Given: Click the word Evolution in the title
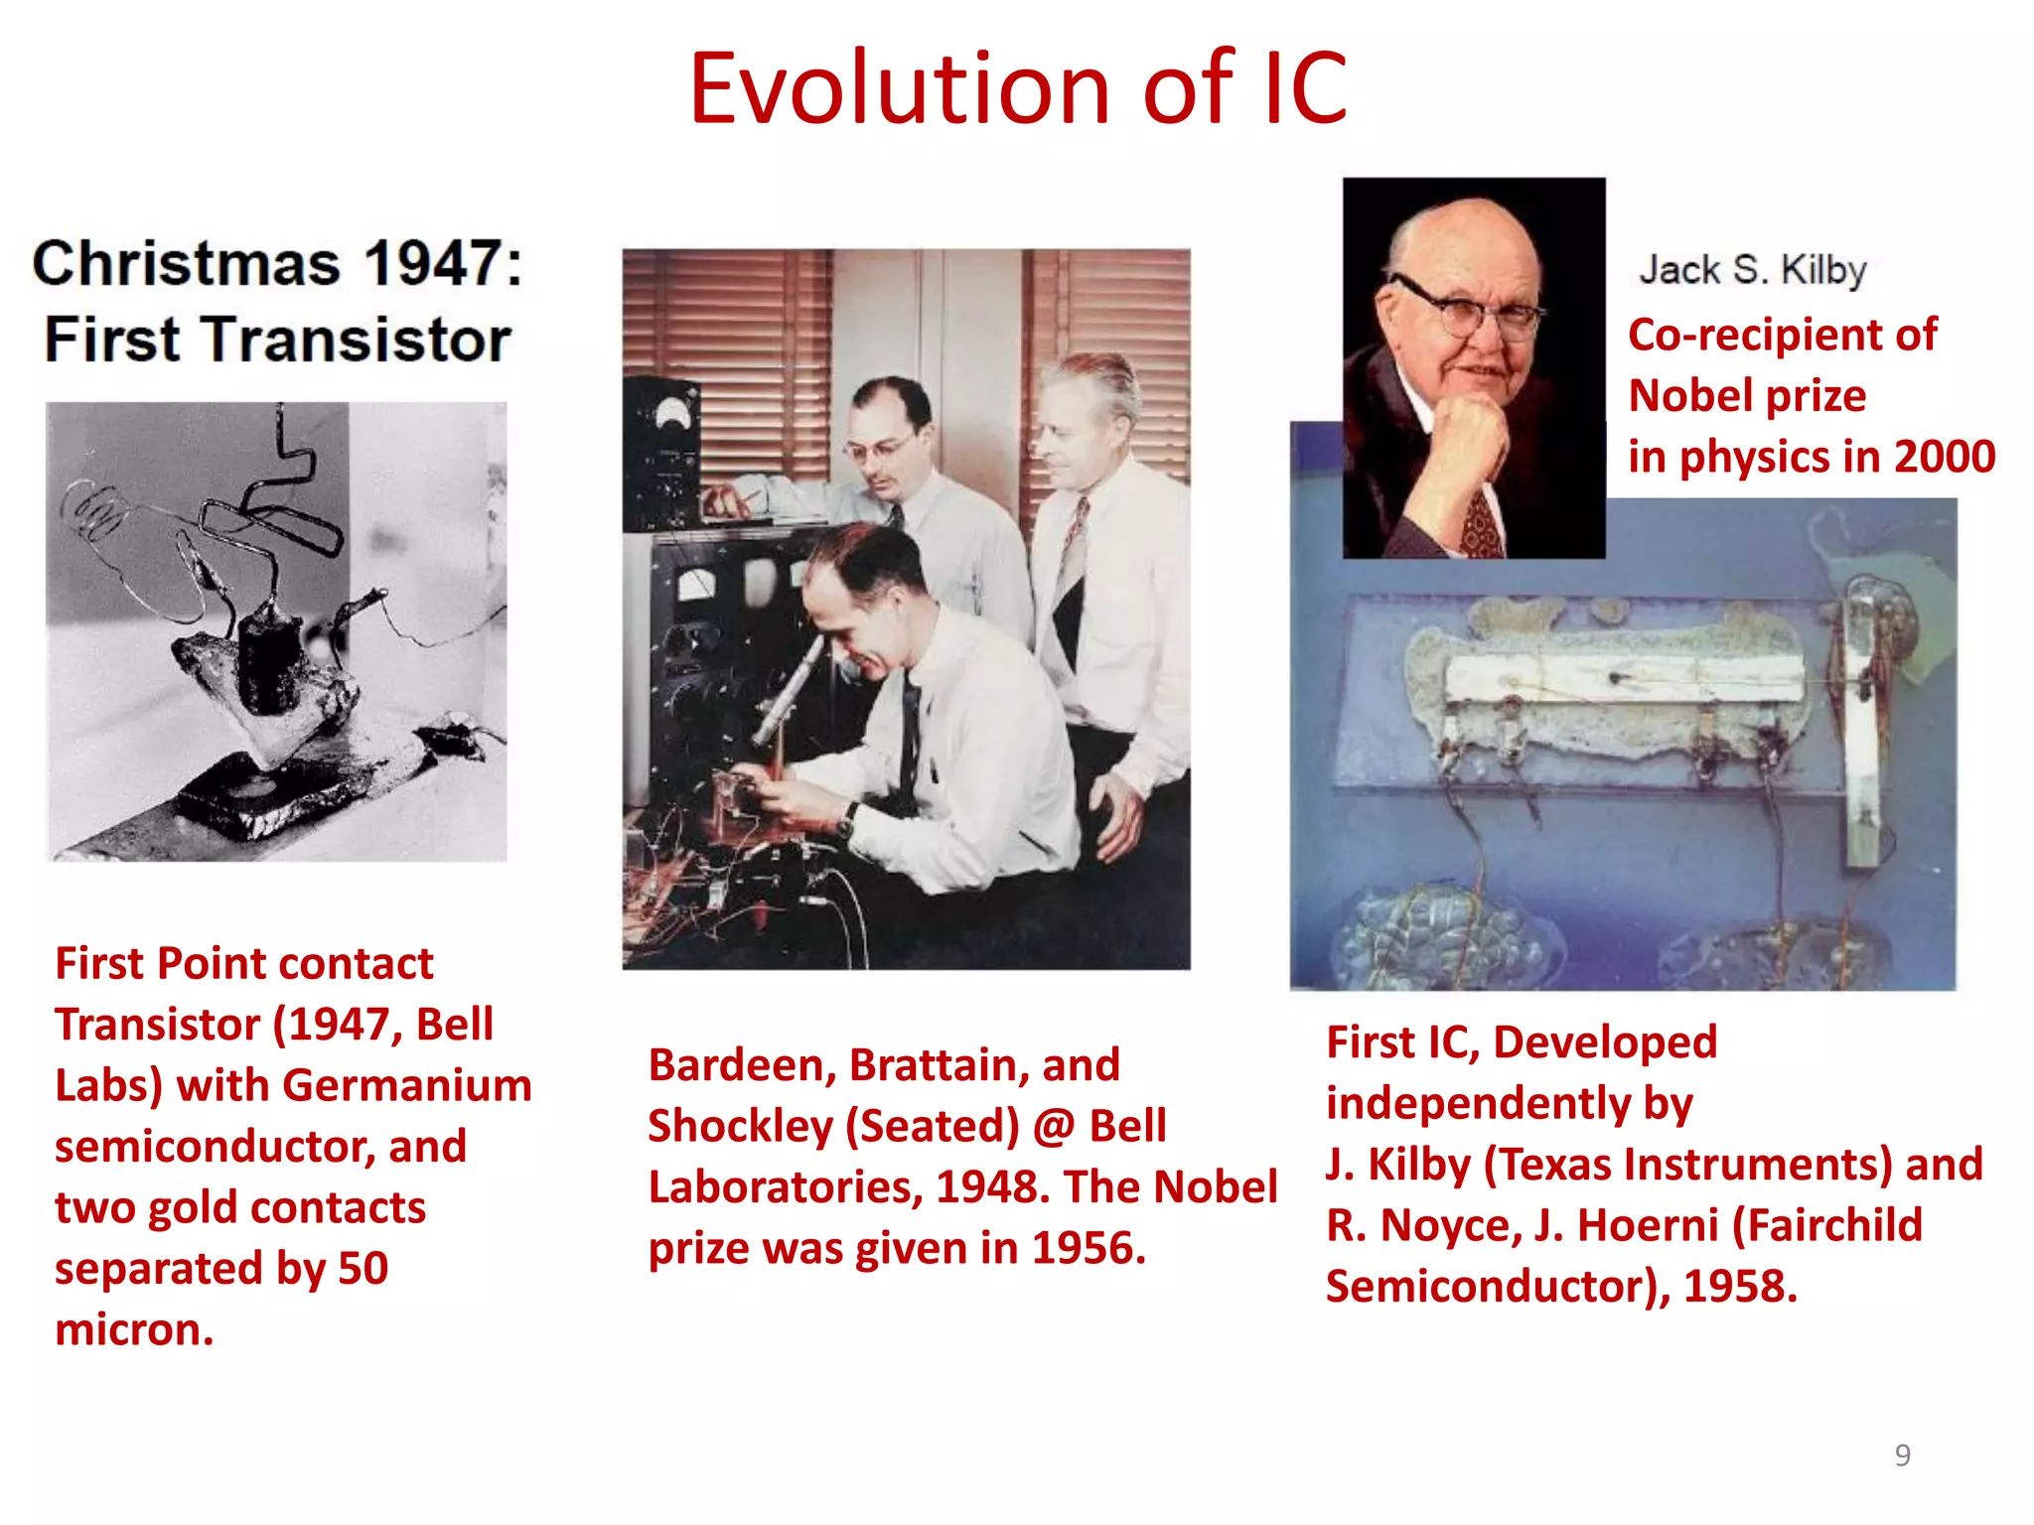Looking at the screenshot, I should (899, 89).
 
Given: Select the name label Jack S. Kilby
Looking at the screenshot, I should (1752, 270).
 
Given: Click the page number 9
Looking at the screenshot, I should (1902, 1455).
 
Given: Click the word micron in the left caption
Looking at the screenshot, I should (129, 1329).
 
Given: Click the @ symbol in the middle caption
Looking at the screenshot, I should (1054, 1127).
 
